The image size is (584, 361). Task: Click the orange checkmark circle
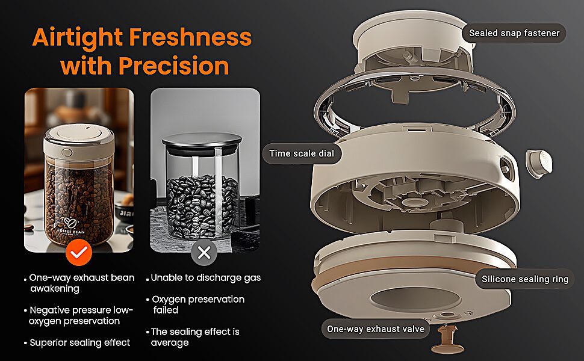[x=79, y=252]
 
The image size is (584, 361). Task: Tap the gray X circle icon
[x=204, y=252]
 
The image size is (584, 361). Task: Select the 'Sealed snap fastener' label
[x=514, y=33]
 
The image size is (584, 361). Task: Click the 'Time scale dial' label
[x=302, y=153]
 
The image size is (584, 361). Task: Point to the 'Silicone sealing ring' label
[x=525, y=279]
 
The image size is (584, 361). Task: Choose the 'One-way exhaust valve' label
[x=376, y=329]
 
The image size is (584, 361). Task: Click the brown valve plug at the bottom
[x=447, y=339]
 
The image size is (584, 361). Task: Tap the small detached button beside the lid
[x=539, y=163]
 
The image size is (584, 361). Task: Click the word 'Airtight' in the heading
[x=78, y=38]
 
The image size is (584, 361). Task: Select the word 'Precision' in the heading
[x=173, y=66]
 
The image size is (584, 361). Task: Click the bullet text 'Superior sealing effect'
[x=79, y=343]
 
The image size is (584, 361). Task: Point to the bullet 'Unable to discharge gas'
[x=205, y=278]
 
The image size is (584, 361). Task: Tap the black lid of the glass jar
[x=202, y=141]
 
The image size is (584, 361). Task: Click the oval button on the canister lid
[x=67, y=153]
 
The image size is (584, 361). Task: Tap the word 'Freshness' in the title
[x=190, y=37]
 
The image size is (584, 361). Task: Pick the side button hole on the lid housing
[x=506, y=166]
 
